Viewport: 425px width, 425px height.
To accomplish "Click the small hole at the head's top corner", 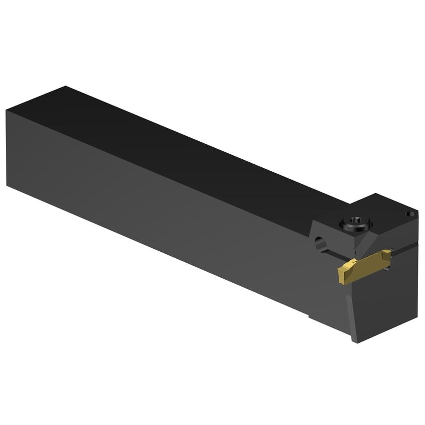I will [x=409, y=214].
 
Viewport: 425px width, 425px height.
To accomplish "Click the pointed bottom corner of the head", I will [x=354, y=340].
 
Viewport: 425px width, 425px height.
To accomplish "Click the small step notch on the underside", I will [x=310, y=315].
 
